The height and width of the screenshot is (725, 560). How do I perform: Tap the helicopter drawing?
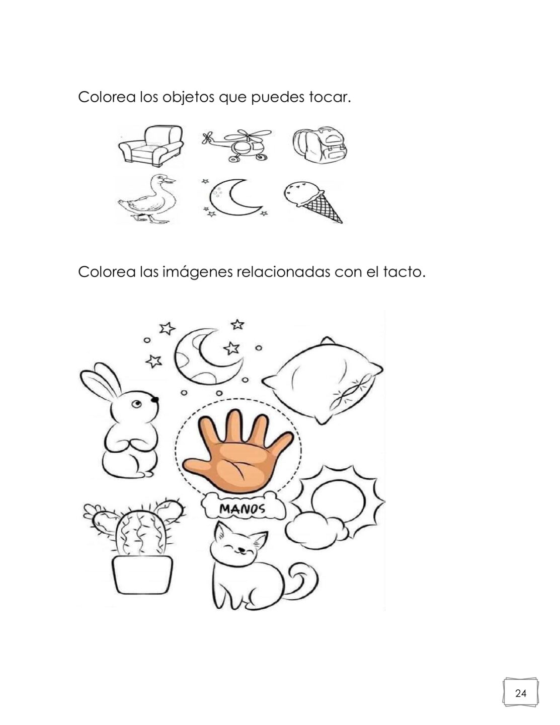coord(236,146)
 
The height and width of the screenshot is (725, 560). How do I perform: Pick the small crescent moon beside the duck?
coord(233,198)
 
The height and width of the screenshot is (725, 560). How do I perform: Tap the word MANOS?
coord(243,510)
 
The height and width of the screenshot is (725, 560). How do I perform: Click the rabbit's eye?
coord(137,405)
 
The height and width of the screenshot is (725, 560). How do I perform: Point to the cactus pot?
coord(143,574)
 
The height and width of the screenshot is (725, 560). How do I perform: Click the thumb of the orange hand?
coord(200,464)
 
